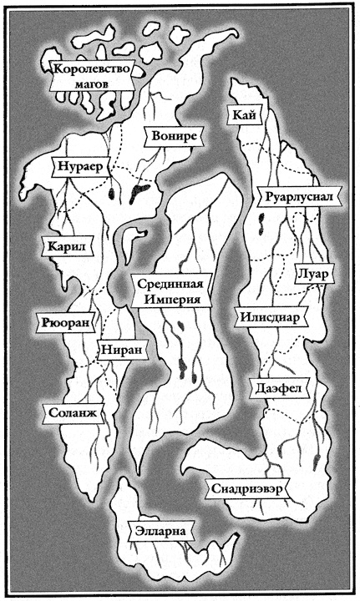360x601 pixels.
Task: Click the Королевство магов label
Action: click(93, 77)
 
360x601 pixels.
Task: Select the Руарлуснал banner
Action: click(296, 198)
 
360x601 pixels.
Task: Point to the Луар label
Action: click(314, 273)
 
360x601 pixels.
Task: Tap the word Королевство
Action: click(93, 69)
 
